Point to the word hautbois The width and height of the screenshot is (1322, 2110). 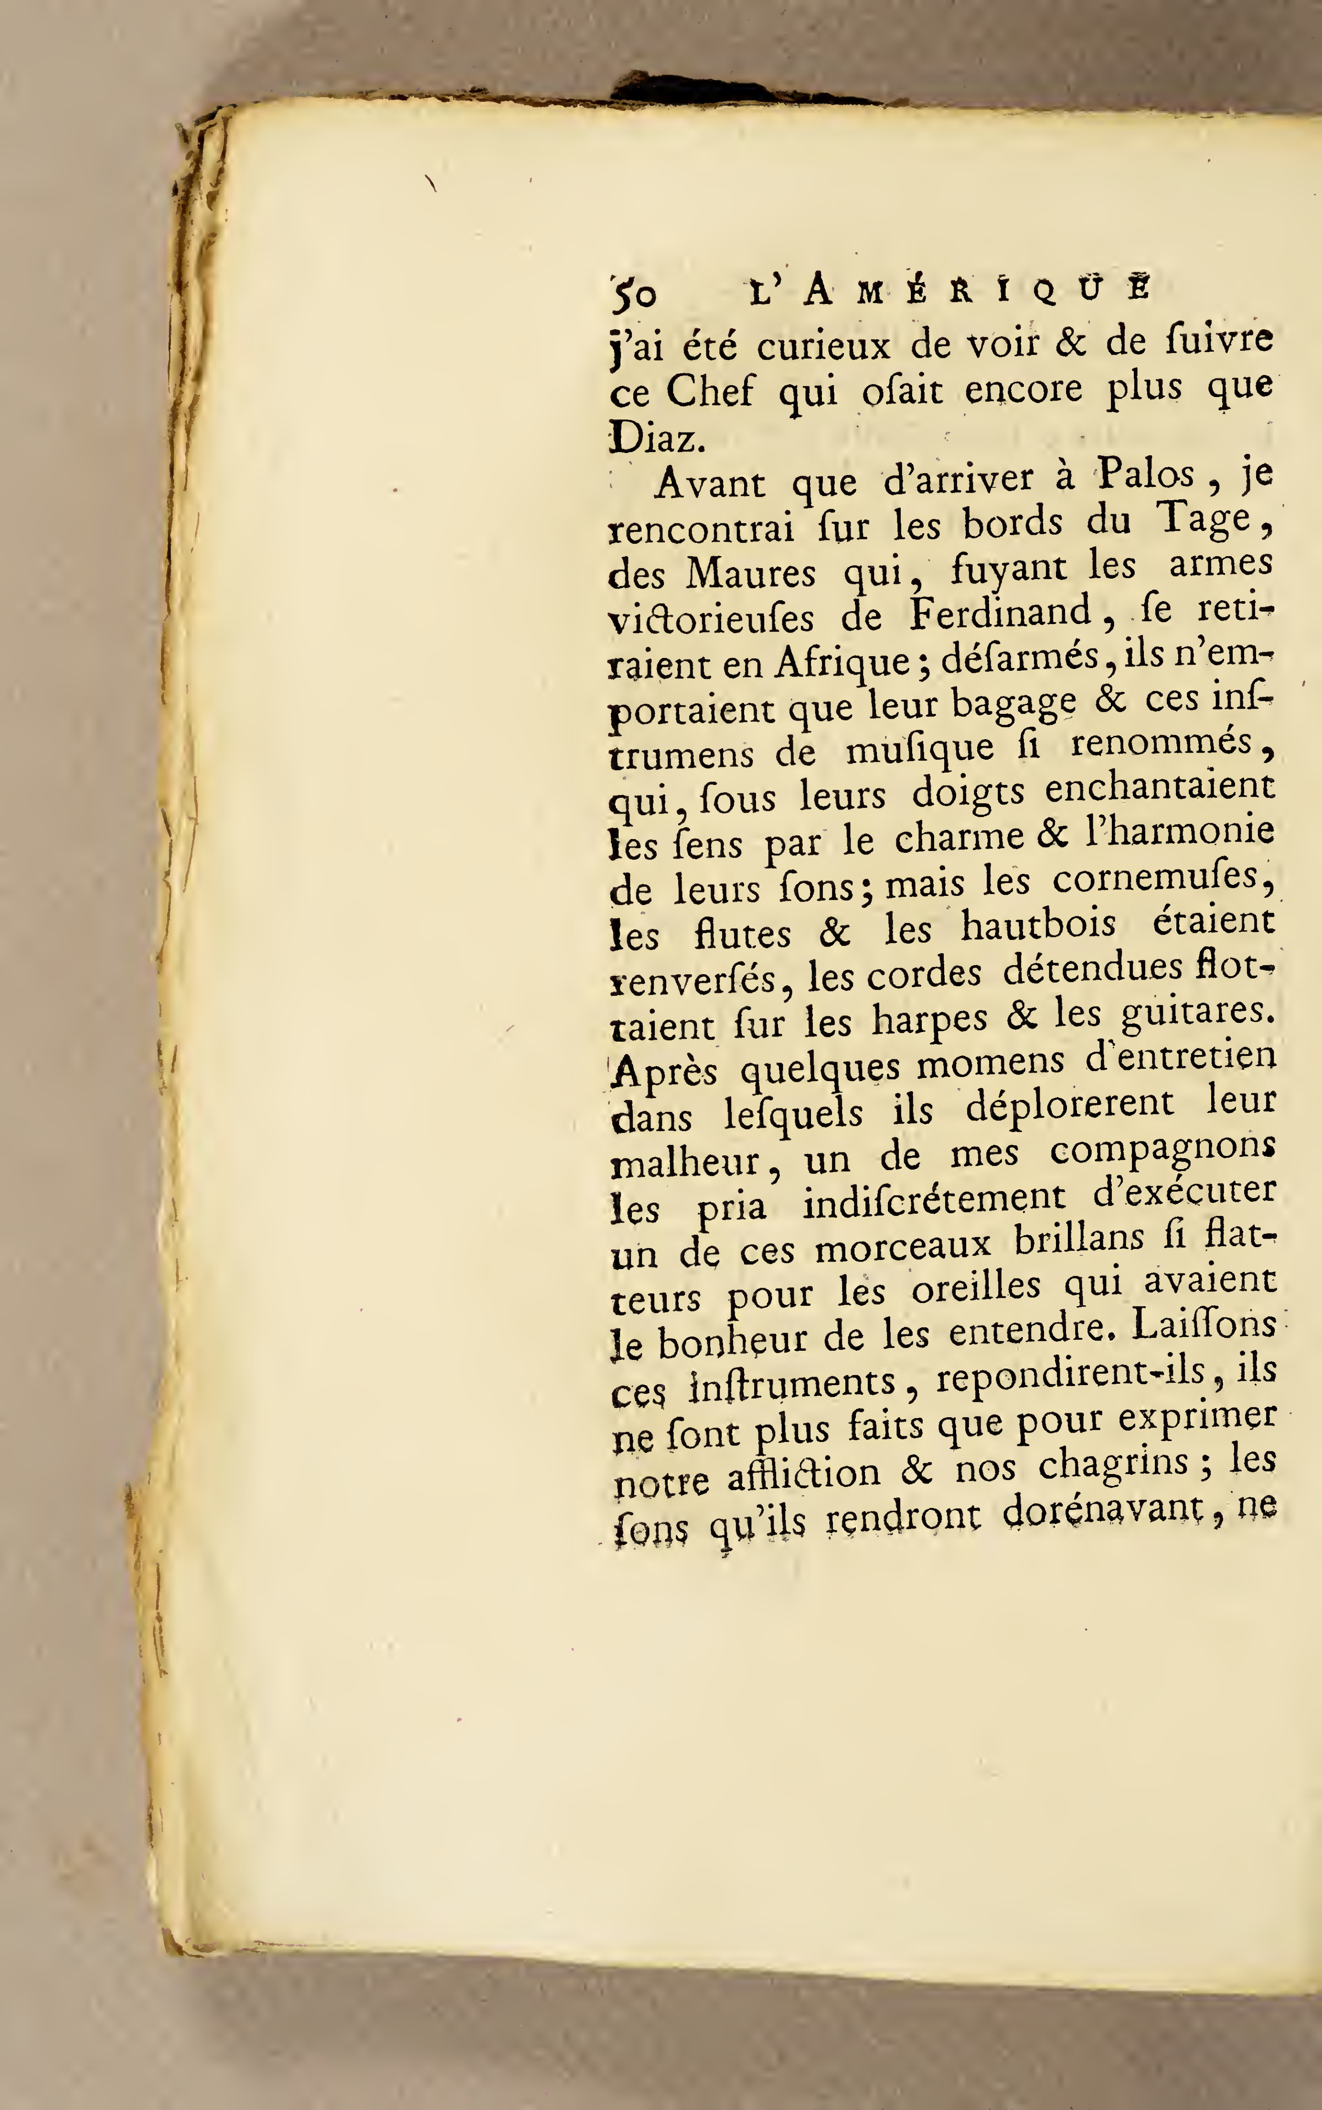[1039, 927]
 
